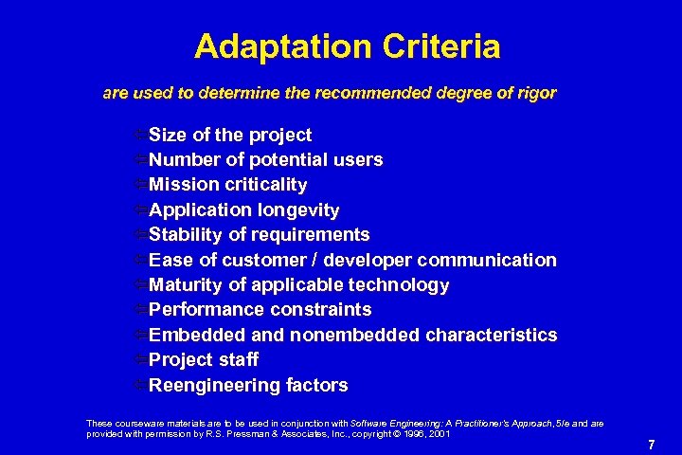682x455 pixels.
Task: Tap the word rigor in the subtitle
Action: (x=536, y=94)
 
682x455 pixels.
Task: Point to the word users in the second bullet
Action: (x=356, y=159)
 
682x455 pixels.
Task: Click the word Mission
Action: (x=185, y=184)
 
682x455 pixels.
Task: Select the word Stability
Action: (x=187, y=234)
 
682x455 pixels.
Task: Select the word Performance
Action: (x=206, y=309)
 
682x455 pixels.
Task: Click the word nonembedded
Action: (x=355, y=335)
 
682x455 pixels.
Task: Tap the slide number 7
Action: (x=651, y=444)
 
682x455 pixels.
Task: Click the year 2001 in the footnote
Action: (x=437, y=433)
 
